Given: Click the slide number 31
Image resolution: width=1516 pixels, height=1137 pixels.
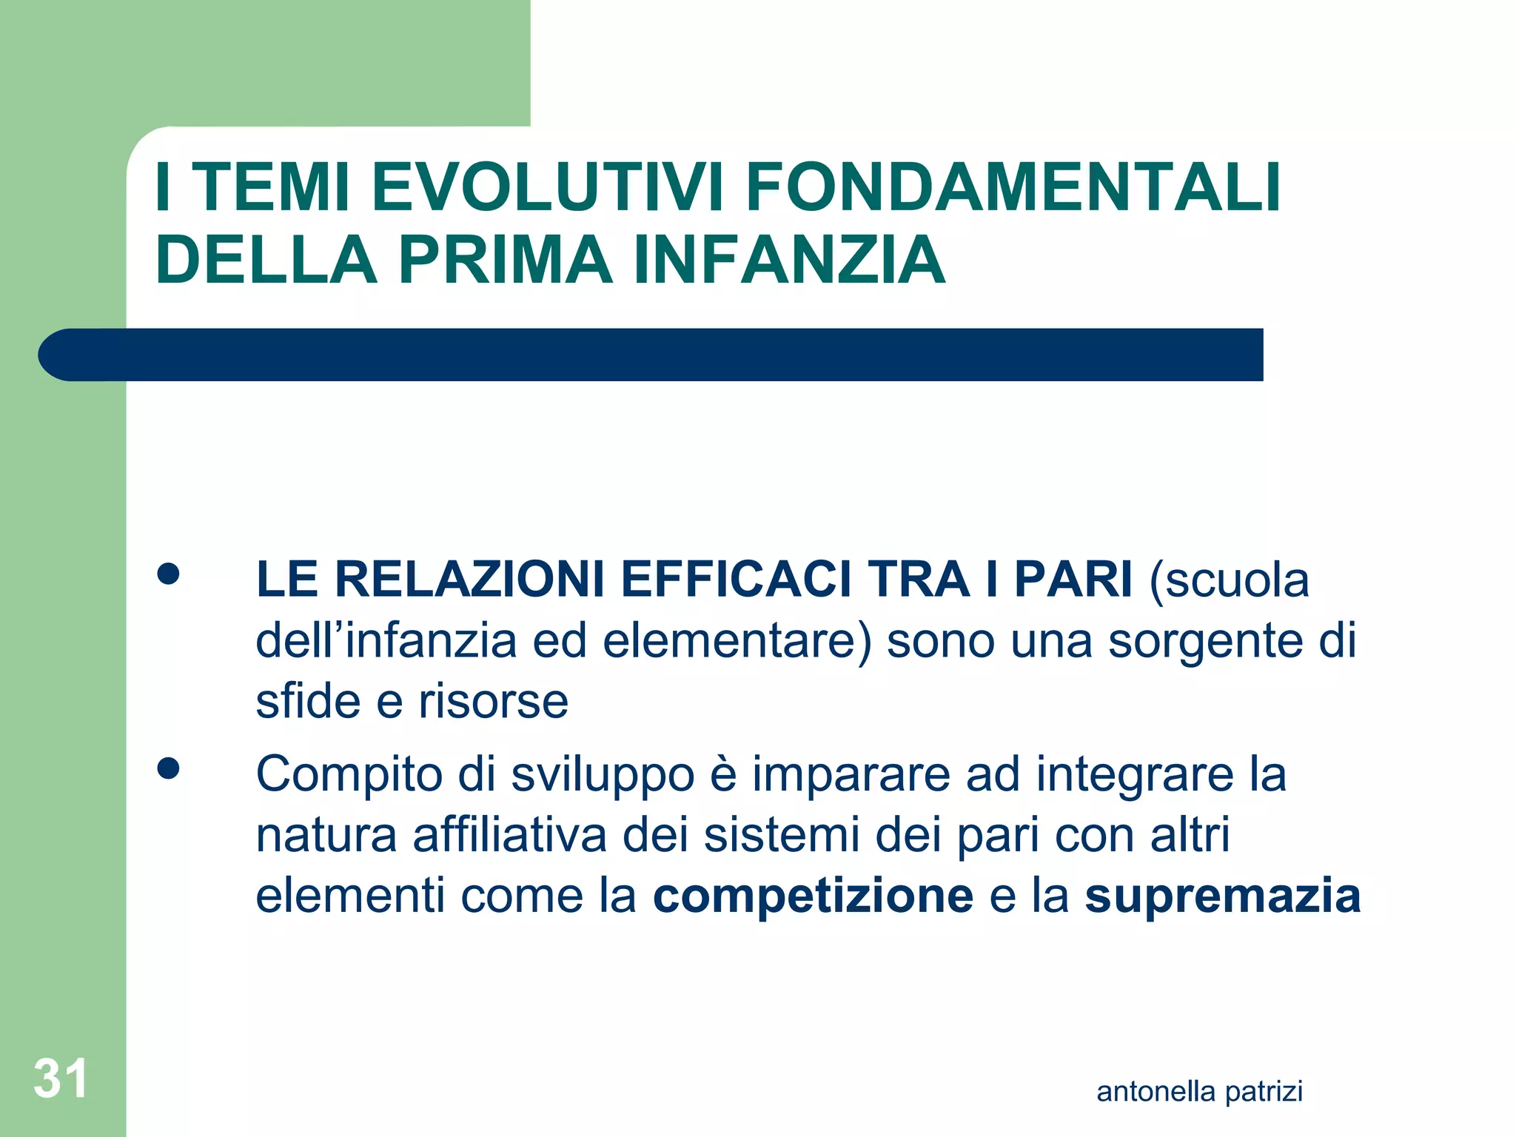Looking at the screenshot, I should pyautogui.click(x=61, y=1079).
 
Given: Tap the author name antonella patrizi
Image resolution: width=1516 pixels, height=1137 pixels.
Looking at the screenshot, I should pyautogui.click(x=1199, y=1092).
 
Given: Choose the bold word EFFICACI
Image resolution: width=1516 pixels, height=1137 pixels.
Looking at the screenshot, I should pyautogui.click(x=737, y=579).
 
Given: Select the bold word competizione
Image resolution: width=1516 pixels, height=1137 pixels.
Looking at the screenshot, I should pyautogui.click(x=813, y=896).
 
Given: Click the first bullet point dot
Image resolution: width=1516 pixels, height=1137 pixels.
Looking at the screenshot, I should pyautogui.click(x=169, y=575).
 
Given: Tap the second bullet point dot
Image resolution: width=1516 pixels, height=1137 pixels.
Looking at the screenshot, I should pyautogui.click(x=169, y=769).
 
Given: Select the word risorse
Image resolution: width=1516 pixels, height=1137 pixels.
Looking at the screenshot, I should pyautogui.click(x=494, y=701).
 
